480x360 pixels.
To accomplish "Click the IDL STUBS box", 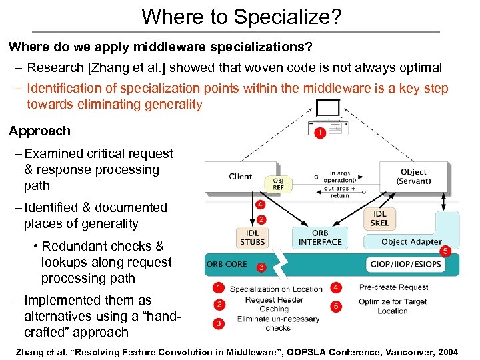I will click(251, 237).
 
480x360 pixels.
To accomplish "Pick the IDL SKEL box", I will click(379, 218).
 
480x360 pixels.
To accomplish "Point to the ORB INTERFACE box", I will click(320, 237).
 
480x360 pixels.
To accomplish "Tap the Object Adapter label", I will click(411, 241).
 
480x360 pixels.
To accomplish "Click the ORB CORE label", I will click(227, 264).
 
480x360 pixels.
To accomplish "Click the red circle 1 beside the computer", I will click(320, 133).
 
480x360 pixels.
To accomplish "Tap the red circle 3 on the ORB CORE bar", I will click(262, 268).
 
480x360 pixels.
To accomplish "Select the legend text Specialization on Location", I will click(275, 289).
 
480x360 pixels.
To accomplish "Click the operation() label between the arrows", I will click(340, 181).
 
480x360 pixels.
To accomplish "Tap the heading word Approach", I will click(39, 131).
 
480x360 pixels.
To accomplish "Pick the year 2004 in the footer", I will click(444, 351).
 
